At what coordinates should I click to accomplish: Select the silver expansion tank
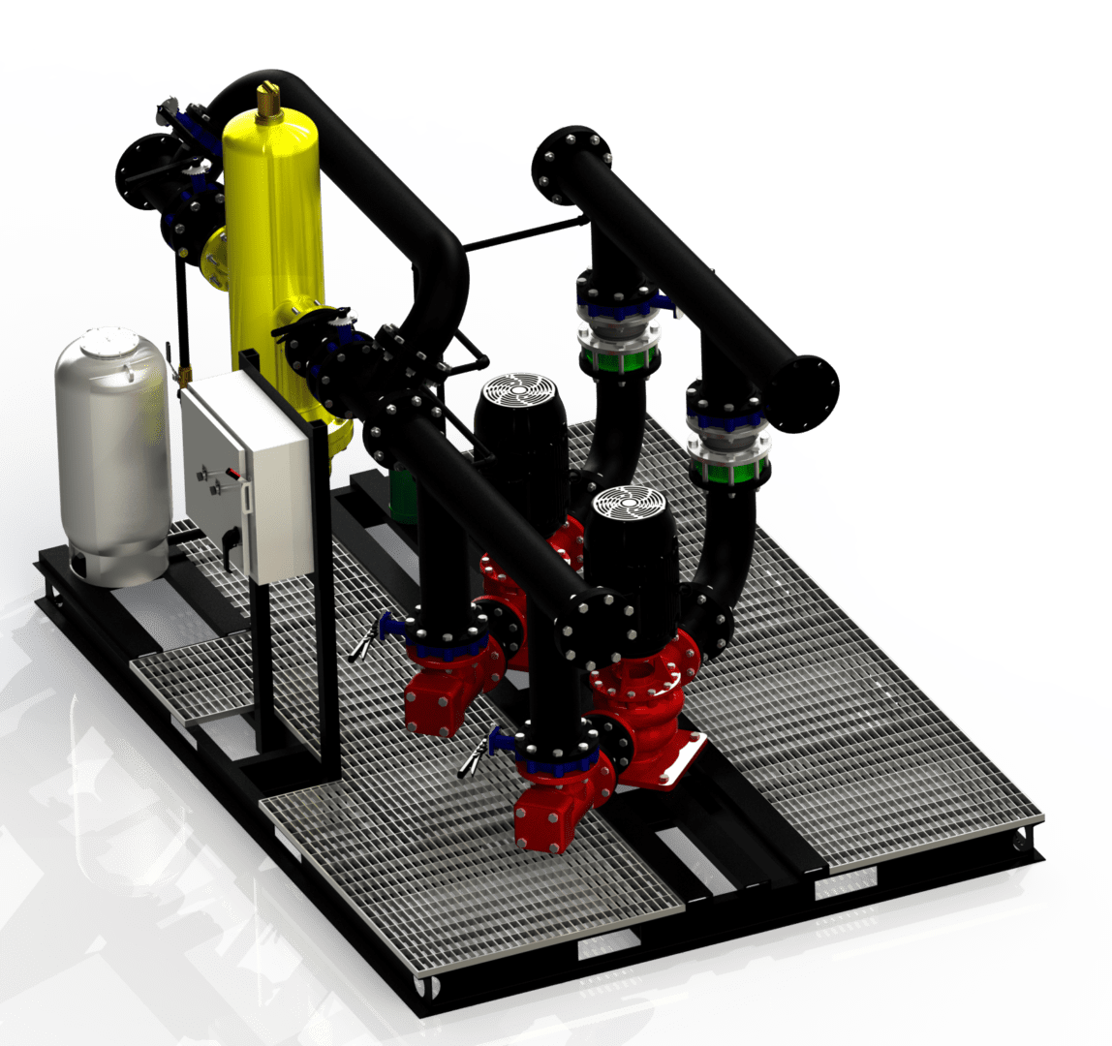coord(111,455)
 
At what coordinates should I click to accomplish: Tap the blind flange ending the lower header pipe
coord(591,628)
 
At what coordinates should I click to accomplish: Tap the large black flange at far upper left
coord(148,171)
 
